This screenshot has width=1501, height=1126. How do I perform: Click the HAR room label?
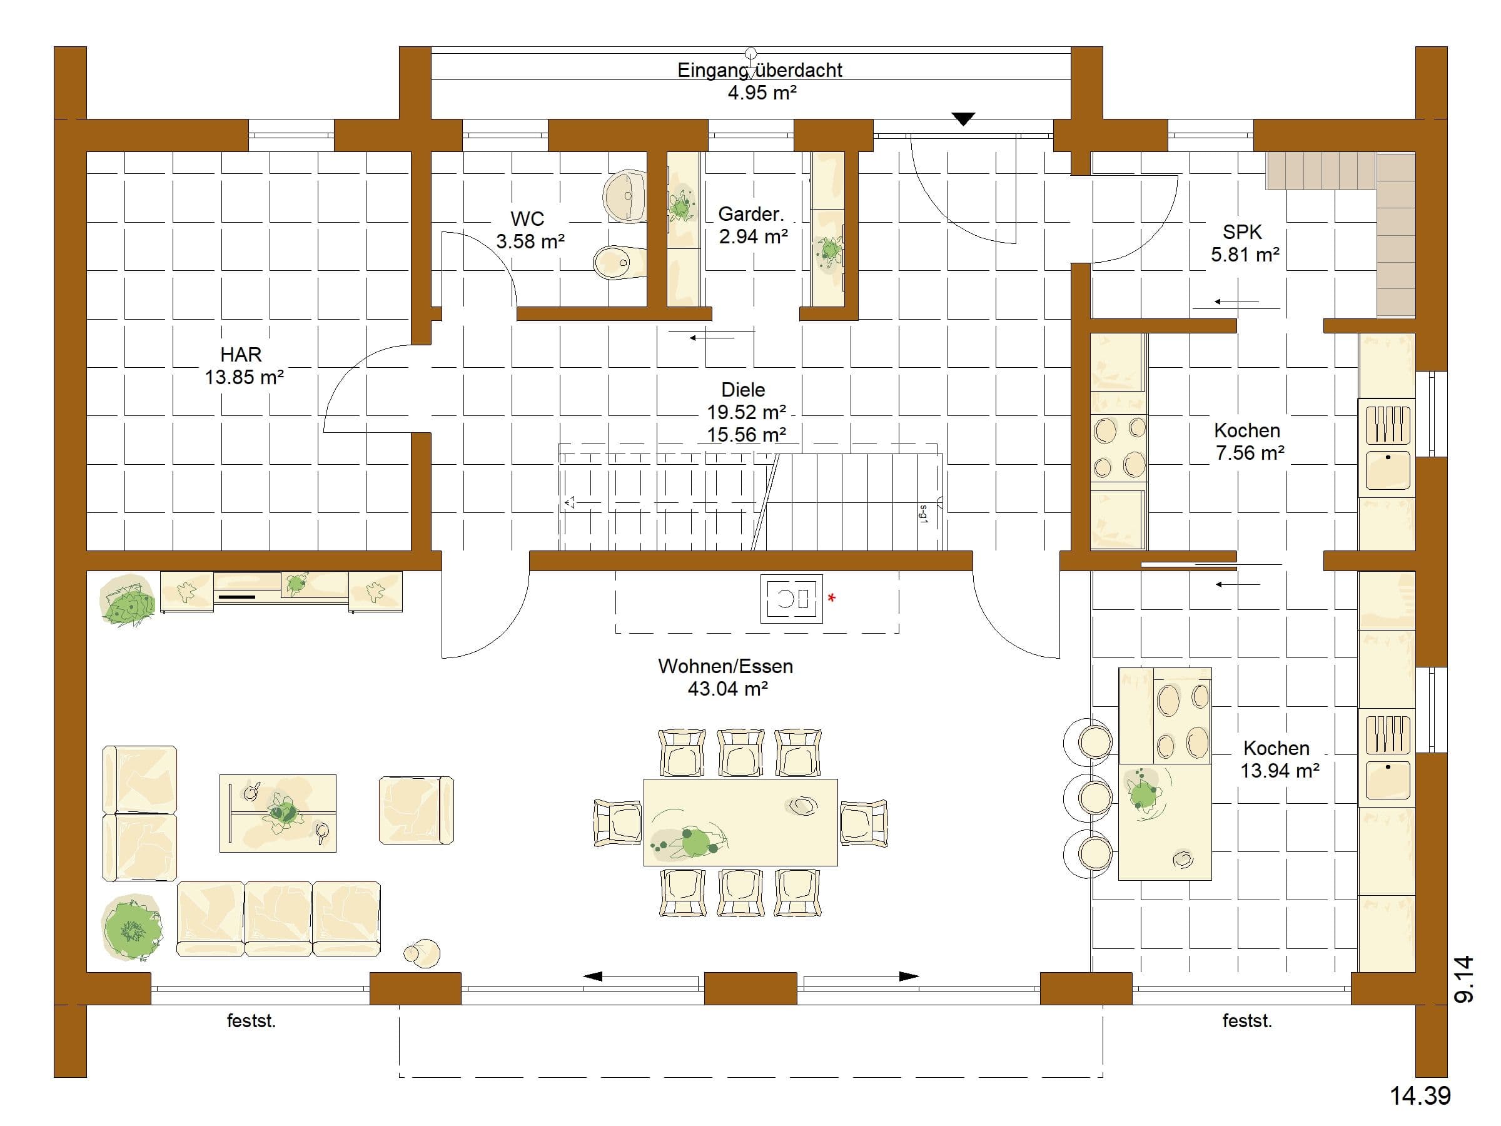pos(241,354)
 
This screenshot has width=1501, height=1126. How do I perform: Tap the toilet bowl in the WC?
pos(620,262)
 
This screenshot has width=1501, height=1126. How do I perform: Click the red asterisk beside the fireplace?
pos(832,599)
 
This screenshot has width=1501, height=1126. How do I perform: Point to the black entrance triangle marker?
pos(963,119)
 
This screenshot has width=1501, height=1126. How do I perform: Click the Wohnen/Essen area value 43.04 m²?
pos(727,689)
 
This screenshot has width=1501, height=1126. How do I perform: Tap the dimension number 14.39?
pos(1420,1095)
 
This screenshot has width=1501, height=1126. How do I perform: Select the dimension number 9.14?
pos(1464,979)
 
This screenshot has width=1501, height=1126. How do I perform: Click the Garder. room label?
pos(751,214)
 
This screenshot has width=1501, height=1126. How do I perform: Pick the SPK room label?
pos(1242,232)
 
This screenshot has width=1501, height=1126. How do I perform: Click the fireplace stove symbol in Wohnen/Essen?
pos(791,599)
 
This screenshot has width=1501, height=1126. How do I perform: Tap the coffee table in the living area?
pos(278,813)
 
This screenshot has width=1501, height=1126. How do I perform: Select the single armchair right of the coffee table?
pos(416,810)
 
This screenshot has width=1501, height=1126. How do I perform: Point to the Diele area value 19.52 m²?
pos(746,412)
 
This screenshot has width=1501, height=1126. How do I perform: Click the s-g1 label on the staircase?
pos(924,514)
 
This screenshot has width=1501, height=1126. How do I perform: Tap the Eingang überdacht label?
pos(760,70)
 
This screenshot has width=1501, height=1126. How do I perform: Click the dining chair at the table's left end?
pos(617,823)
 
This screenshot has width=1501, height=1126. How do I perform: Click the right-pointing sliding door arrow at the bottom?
pos(861,976)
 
